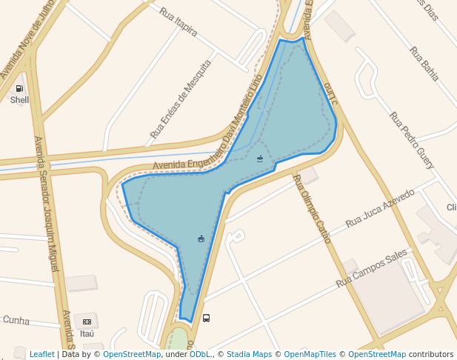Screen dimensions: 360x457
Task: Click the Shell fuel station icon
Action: point(19,89)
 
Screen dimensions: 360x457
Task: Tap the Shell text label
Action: point(19,100)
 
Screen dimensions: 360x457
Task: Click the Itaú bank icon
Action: point(87,321)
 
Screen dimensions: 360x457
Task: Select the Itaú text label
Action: point(87,333)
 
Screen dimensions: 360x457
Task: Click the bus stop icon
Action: point(206,318)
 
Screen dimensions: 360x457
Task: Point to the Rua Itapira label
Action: point(179,21)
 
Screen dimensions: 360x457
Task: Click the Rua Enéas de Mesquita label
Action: point(181,99)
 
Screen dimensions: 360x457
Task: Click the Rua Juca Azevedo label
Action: point(380,208)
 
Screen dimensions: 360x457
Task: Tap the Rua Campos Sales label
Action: point(371,268)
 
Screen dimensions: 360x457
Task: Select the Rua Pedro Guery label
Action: point(412,140)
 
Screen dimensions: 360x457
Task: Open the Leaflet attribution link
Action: point(42,355)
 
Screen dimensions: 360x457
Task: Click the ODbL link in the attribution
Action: point(200,355)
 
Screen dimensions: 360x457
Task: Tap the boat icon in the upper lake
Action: point(260,159)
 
